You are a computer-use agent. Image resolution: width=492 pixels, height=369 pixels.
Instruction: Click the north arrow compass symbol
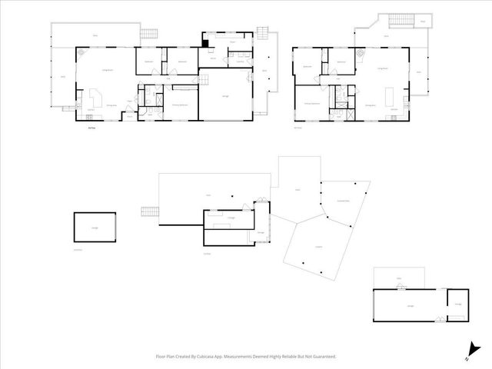tap(468, 352)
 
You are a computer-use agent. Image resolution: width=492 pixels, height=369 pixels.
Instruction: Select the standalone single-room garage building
tap(95, 228)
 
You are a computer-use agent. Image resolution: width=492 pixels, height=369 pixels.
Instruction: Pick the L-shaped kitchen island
tap(98, 98)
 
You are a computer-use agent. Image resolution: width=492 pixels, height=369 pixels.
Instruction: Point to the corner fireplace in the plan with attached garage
tap(80, 54)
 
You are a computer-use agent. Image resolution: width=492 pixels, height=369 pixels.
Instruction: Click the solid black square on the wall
tap(205, 42)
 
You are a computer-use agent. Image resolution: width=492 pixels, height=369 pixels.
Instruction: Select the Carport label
tap(317, 246)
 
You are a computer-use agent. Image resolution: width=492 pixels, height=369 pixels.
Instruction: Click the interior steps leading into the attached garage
tap(201, 78)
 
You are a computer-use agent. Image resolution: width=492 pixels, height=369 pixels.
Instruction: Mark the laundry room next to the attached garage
tap(240, 61)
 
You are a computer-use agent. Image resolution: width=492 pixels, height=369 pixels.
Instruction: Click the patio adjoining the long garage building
tap(399, 278)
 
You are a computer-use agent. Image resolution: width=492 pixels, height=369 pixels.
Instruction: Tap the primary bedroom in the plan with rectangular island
tap(311, 104)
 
